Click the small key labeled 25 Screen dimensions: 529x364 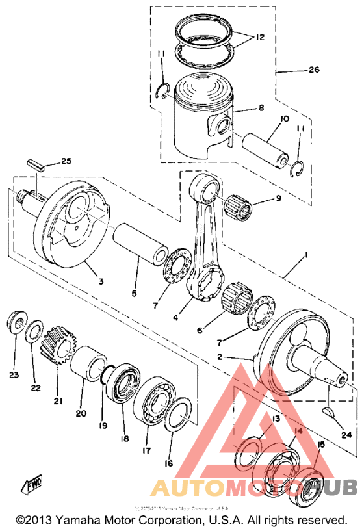[36, 164]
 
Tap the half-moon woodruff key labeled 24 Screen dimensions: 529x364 [330, 412]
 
